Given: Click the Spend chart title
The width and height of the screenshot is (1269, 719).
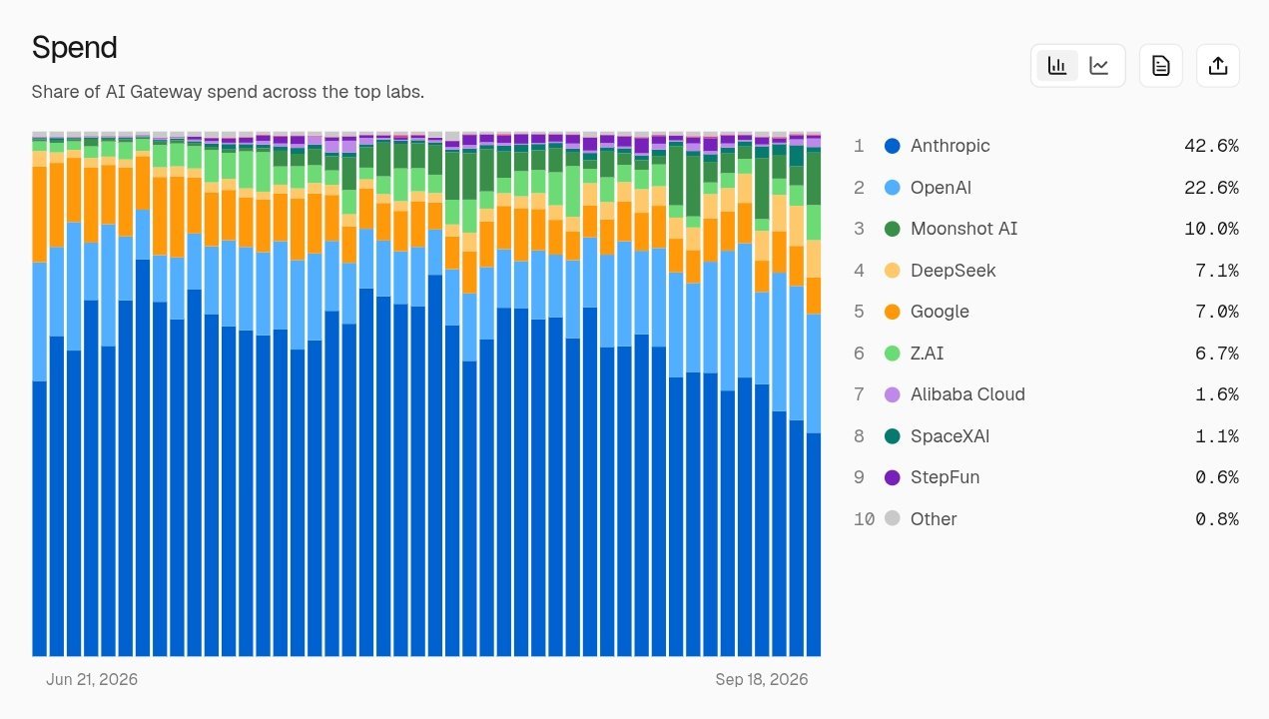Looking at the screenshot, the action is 74,48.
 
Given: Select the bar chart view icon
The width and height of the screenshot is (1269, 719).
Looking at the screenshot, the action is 1057,66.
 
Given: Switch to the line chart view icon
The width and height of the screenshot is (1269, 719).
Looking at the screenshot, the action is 1099,66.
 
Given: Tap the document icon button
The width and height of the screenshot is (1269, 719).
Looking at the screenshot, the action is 1161,66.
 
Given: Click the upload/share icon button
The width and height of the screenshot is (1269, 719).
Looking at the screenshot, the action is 1218,66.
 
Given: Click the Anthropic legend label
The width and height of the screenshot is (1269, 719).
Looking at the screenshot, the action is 951,146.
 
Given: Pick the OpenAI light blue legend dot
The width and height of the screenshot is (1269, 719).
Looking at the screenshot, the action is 893,188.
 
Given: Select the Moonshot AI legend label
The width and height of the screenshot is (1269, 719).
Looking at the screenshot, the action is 963,229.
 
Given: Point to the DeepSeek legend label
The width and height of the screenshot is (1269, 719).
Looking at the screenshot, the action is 952,271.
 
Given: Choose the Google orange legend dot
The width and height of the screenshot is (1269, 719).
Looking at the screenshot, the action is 893,312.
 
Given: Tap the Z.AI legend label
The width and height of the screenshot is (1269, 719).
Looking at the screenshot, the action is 927,353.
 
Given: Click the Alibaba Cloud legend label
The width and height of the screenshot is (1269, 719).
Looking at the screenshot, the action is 967,394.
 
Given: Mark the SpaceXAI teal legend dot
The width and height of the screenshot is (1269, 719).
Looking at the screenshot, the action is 893,435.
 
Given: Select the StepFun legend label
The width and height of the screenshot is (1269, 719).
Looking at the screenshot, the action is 945,477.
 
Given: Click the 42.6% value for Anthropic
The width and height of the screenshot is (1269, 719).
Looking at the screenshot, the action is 1211,146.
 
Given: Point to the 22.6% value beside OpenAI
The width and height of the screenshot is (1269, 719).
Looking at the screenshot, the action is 1211,188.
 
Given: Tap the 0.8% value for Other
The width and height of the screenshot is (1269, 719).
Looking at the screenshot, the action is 1217,518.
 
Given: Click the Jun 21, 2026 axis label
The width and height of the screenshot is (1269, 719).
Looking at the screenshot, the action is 92,679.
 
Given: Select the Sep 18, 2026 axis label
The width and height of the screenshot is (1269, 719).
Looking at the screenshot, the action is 762,679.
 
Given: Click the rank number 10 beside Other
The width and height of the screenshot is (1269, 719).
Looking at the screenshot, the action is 864,518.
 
